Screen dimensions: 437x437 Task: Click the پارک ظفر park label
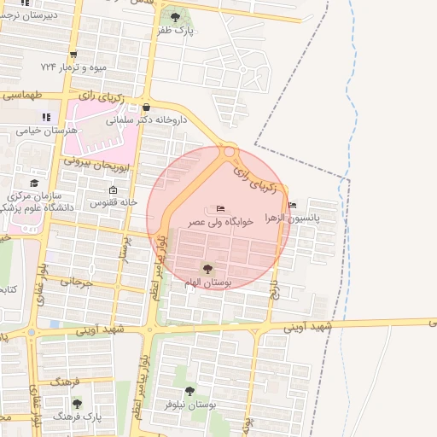pos(176,31)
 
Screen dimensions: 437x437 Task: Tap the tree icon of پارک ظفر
pos(176,17)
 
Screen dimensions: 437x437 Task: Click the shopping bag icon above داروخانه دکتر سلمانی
pos(148,108)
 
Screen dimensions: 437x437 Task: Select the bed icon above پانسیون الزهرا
pos(293,205)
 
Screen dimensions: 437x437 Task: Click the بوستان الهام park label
pos(205,282)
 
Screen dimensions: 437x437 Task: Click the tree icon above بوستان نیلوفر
pos(189,391)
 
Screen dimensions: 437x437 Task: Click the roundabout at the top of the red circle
pos(229,153)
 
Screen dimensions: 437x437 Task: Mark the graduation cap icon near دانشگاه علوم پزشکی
pos(34,184)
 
